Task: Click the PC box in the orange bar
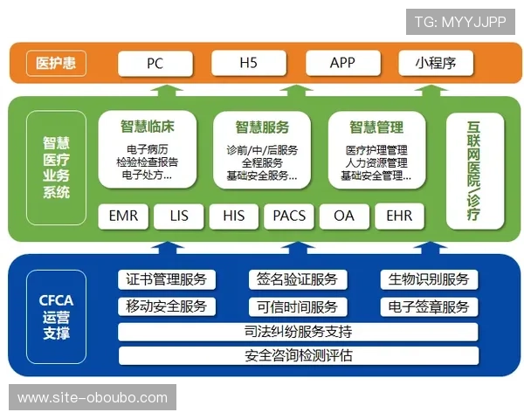pos(155,64)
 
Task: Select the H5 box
pos(248,64)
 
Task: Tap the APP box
pos(342,64)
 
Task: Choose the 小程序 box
pos(436,64)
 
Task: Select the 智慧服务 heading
pos(262,126)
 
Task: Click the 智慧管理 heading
pos(376,126)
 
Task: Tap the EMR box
pos(123,215)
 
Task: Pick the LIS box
pos(179,215)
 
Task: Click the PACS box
pos(289,215)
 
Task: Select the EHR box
pos(399,215)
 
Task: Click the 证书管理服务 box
pos(166,279)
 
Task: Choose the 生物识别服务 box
pos(429,279)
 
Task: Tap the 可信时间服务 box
pos(297,306)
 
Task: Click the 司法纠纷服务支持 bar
pos(298,332)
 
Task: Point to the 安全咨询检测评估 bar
pos(298,356)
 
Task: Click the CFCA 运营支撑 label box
pos(57,317)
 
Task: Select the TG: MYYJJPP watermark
pos(460,21)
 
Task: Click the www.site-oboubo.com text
pos(93,398)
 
